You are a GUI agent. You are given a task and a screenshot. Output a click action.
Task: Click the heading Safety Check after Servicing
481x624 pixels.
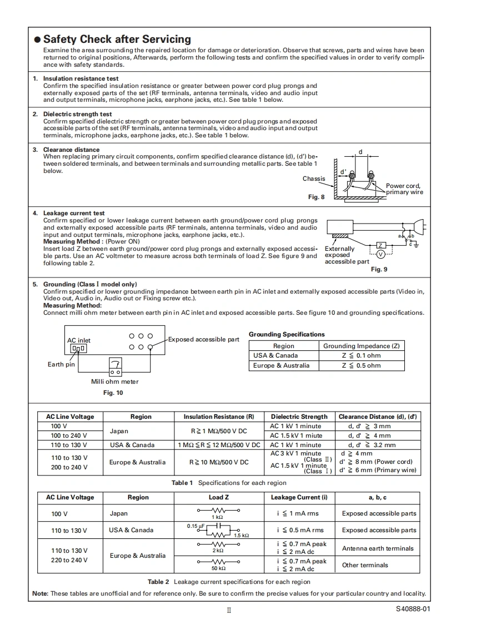tap(117, 39)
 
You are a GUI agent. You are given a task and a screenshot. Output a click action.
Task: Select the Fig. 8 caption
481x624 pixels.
tap(316, 197)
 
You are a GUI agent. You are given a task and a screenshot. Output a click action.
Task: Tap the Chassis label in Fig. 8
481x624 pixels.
tap(314, 179)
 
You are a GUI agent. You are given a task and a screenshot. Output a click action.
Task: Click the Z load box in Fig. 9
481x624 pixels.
tap(381, 245)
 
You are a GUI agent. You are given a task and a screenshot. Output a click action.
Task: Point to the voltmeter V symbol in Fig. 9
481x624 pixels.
tap(380, 254)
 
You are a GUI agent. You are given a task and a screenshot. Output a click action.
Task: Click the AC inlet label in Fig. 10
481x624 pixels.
tap(79, 340)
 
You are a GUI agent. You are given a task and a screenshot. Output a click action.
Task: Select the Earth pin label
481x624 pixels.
tap(61, 364)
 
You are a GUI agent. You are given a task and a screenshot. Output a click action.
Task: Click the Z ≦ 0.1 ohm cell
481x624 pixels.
tap(361, 355)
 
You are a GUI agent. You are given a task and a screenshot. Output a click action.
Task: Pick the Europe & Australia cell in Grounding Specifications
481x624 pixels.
tap(282, 365)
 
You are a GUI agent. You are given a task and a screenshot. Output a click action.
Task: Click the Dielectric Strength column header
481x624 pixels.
tap(299, 417)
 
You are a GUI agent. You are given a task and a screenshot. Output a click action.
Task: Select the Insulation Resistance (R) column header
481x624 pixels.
tap(219, 417)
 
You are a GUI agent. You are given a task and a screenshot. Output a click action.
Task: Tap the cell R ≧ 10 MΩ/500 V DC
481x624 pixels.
tap(219, 462)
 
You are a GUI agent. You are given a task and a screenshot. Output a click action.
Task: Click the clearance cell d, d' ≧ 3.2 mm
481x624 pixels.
tap(372, 445)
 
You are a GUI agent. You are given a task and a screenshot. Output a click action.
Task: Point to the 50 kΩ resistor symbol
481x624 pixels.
tap(218, 562)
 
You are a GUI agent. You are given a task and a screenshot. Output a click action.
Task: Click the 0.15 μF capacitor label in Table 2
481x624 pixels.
tap(196, 526)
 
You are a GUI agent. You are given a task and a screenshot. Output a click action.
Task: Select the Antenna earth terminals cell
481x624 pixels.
tap(378, 548)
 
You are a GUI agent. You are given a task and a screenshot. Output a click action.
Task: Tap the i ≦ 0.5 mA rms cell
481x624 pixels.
tap(300, 530)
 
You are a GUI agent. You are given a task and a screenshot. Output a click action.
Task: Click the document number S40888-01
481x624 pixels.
tap(413, 608)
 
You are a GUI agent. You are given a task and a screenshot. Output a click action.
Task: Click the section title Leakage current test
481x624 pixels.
tap(74, 213)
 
